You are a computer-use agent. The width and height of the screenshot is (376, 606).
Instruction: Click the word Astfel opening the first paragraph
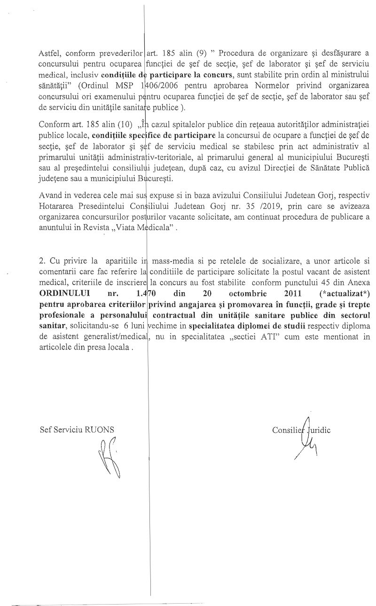click(48, 52)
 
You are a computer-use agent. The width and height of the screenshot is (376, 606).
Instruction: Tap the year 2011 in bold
click(292, 293)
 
